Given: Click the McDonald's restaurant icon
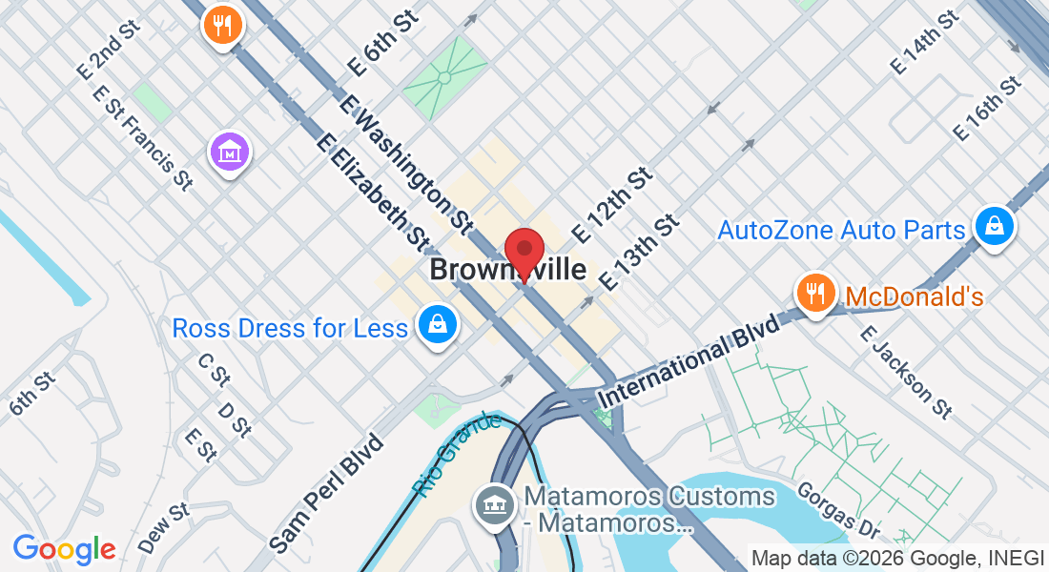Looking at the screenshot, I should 814,294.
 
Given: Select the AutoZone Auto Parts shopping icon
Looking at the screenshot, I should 995,227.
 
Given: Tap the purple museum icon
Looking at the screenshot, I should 230,153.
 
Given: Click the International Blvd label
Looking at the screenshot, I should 689,361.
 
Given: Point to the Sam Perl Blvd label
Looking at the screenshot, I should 326,494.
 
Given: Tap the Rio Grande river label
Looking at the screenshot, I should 458,453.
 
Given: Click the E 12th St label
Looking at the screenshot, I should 612,204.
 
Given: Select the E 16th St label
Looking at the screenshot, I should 988,109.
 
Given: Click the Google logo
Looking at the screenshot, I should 65,549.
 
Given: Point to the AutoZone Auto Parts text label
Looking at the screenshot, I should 841,230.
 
